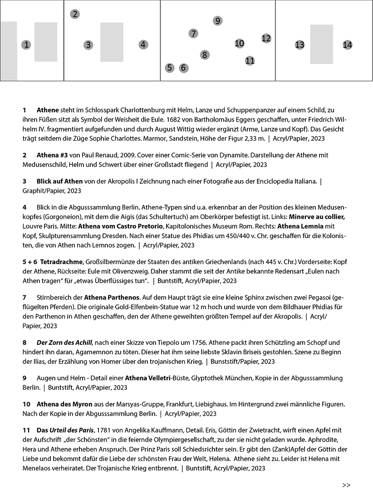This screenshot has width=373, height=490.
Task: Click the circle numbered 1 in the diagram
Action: click(x=26, y=44)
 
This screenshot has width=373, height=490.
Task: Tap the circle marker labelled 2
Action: click(x=75, y=14)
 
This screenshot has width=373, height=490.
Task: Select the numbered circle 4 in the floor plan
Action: click(x=143, y=44)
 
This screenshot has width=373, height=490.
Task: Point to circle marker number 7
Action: click(x=193, y=34)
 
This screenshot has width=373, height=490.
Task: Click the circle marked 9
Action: click(x=218, y=20)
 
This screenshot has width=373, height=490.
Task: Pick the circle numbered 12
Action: click(x=266, y=38)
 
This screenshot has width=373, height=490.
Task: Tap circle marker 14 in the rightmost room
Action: click(x=347, y=44)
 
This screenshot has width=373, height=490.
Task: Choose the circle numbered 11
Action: click(x=250, y=60)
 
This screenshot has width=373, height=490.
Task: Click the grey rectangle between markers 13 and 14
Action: click(x=322, y=44)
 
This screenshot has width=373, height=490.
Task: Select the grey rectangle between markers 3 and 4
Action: click(x=112, y=42)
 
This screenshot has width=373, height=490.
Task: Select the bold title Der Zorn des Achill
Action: click(x=64, y=342)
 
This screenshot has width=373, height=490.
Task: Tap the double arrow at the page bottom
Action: click(x=346, y=485)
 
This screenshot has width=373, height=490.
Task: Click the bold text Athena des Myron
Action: click(x=64, y=404)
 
